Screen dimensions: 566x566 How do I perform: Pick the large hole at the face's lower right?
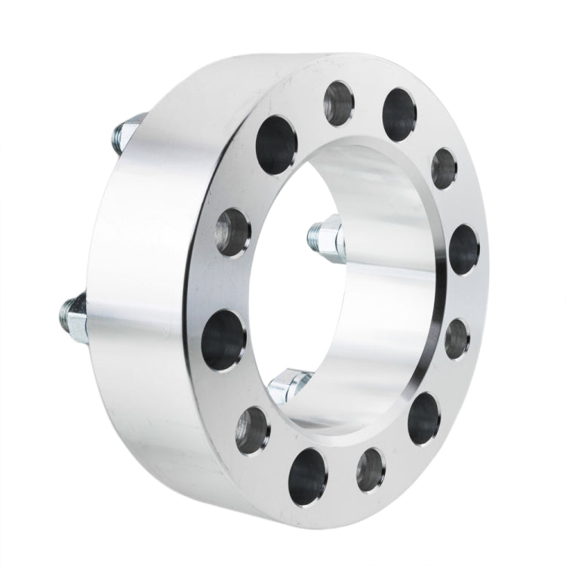pos(426,417)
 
